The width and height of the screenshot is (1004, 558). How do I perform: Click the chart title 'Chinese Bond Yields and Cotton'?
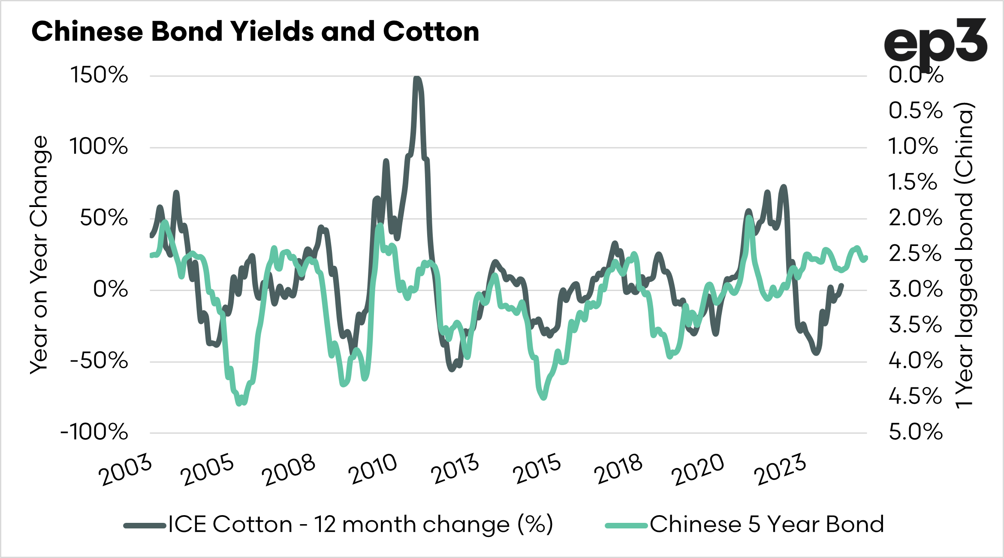coord(255,32)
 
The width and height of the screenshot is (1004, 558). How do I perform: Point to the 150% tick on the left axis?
coord(99,75)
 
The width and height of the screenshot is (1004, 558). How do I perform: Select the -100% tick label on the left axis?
coord(94,432)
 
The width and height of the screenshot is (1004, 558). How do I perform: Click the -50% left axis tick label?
coord(99,361)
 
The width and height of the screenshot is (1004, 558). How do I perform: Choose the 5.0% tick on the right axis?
coord(916,432)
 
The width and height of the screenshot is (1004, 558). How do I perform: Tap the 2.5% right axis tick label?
coord(916,254)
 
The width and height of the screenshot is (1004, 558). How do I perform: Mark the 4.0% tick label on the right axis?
coord(916,361)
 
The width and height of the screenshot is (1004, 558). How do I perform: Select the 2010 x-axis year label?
coord(373,469)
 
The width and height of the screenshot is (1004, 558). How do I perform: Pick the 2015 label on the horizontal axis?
coord(537,469)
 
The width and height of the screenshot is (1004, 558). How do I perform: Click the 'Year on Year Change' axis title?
coord(39,255)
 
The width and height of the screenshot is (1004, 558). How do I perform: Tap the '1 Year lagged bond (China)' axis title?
coord(964,255)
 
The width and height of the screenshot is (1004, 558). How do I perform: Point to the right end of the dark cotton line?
coord(841,285)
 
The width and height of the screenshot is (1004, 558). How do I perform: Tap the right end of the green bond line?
coord(866,258)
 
